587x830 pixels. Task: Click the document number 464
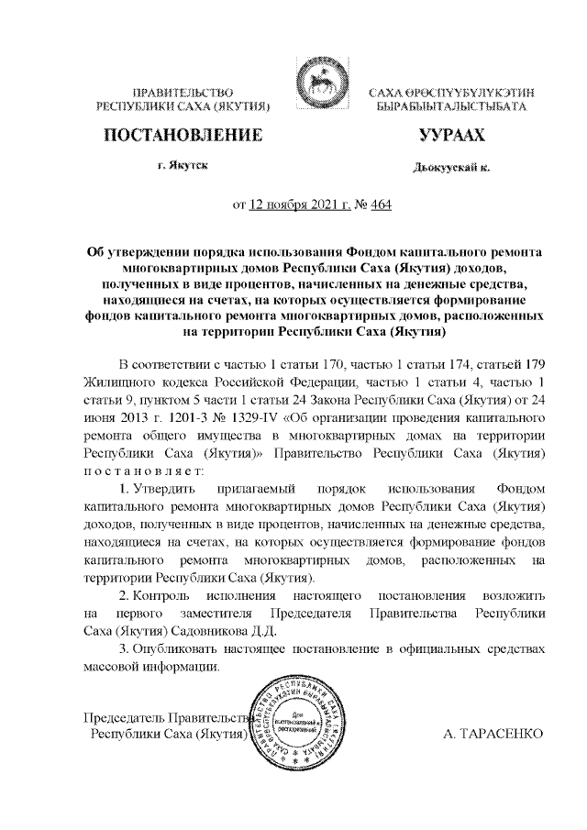coord(380,206)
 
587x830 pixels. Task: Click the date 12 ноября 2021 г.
coord(294,206)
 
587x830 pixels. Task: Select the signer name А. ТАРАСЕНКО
coord(493,735)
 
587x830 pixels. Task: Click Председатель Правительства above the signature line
coord(165,717)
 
